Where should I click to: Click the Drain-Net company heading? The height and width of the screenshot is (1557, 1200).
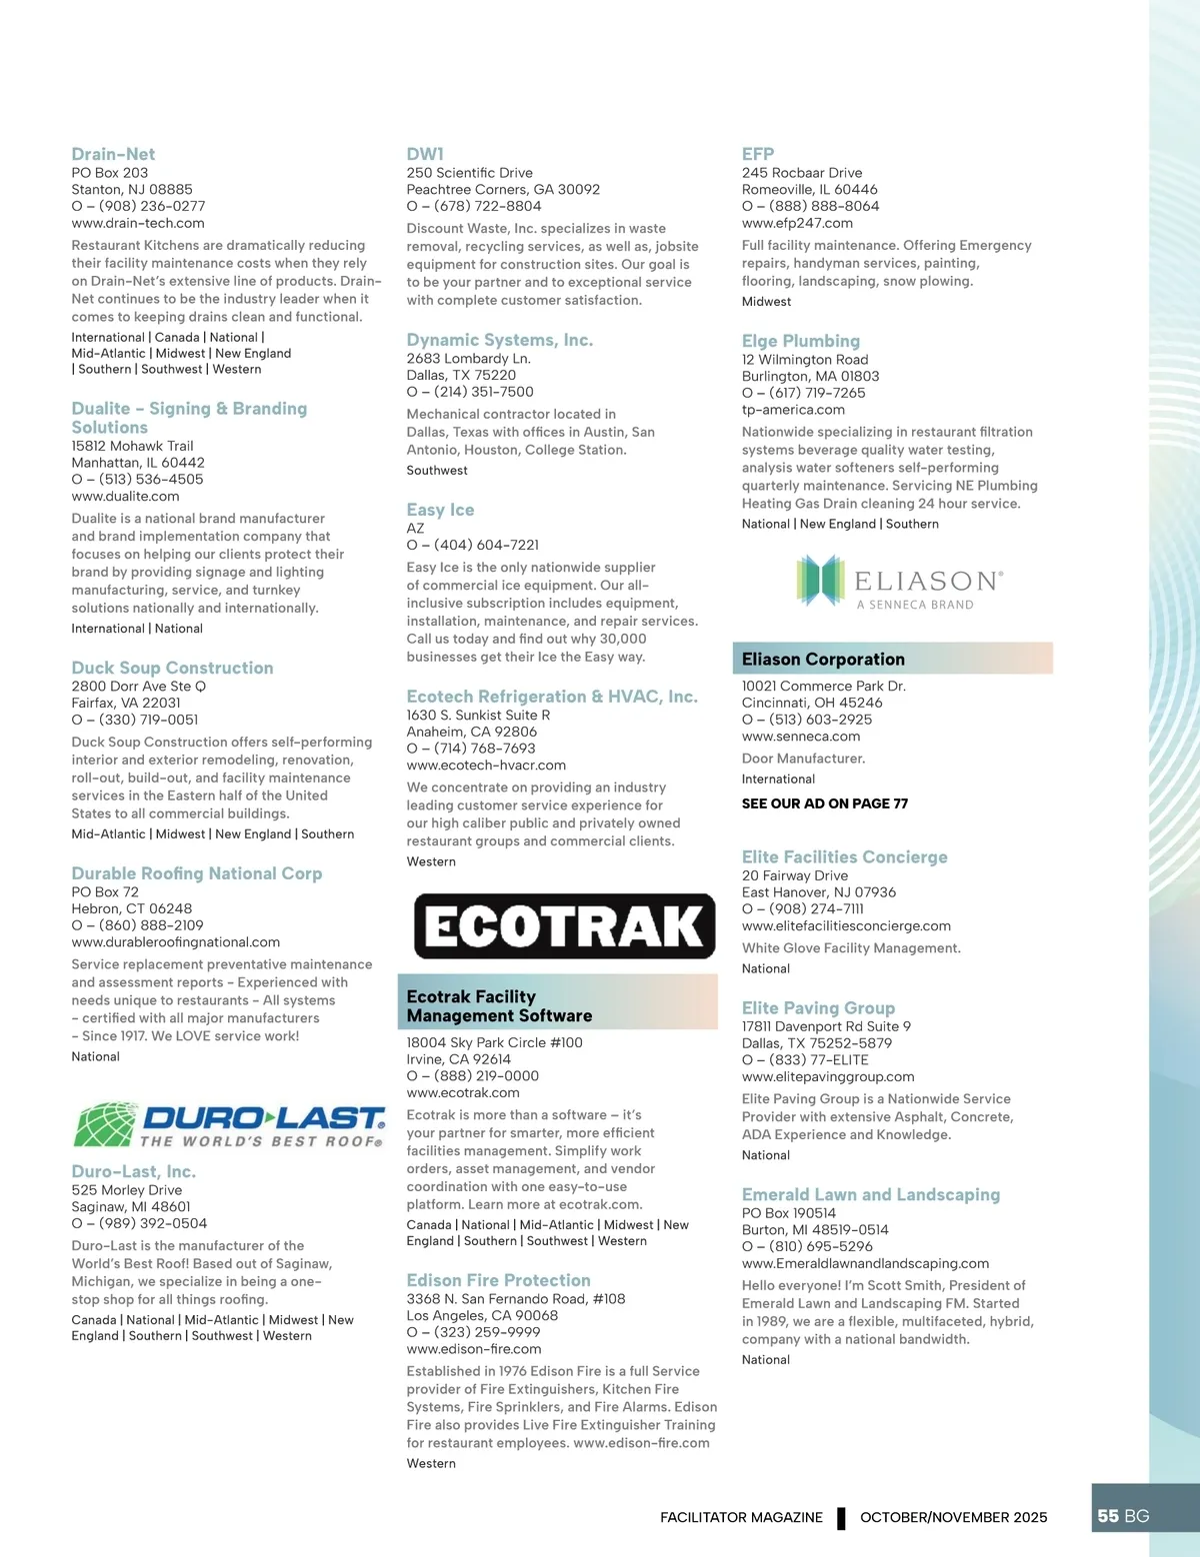[113, 154]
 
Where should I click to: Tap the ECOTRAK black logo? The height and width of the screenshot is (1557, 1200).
[565, 926]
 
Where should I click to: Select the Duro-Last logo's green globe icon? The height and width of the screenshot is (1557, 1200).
[105, 1124]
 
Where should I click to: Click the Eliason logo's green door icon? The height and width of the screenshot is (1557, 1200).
[820, 581]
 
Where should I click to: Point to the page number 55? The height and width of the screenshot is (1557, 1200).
[1108, 1516]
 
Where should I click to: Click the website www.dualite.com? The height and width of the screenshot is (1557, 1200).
[125, 496]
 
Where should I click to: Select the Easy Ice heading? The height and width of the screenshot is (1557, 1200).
[440, 510]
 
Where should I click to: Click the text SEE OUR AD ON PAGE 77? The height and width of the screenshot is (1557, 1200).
[825, 803]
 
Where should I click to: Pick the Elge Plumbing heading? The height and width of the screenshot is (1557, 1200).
[800, 341]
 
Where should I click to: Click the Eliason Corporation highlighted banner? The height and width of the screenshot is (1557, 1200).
[892, 659]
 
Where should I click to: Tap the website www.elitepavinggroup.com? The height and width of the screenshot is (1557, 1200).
[828, 1076]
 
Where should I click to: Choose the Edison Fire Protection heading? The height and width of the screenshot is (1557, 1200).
[498, 1280]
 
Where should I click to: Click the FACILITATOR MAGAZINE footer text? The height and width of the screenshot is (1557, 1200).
[741, 1517]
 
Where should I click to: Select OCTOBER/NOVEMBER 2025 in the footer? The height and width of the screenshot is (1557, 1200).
[953, 1517]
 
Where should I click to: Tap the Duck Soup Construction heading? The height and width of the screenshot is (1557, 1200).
[172, 668]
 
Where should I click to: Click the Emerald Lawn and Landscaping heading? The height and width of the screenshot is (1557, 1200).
[870, 1194]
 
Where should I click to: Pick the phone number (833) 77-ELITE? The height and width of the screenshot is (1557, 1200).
[805, 1059]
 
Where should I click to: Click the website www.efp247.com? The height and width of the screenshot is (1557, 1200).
[797, 223]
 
